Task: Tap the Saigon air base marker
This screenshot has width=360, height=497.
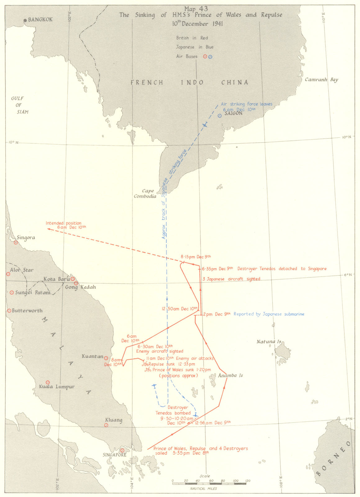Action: click(220, 116)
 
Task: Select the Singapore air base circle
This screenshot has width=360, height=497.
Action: click(122, 450)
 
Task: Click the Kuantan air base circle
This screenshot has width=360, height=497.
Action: click(106, 358)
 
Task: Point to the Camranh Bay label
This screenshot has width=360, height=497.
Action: click(321, 80)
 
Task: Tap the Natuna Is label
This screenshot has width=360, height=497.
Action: click(269, 342)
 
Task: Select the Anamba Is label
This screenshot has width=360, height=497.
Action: click(230, 375)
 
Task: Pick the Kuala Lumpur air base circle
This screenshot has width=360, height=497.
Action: click(48, 382)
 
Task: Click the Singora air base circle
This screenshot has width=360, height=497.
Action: click(16, 243)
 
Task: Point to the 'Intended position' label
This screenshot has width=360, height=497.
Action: click(63, 223)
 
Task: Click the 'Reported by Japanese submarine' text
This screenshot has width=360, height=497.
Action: click(269, 314)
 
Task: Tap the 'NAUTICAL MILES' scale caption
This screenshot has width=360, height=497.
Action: click(204, 489)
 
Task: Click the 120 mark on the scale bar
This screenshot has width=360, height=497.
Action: click(247, 481)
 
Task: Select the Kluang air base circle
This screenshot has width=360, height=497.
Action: click(106, 425)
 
